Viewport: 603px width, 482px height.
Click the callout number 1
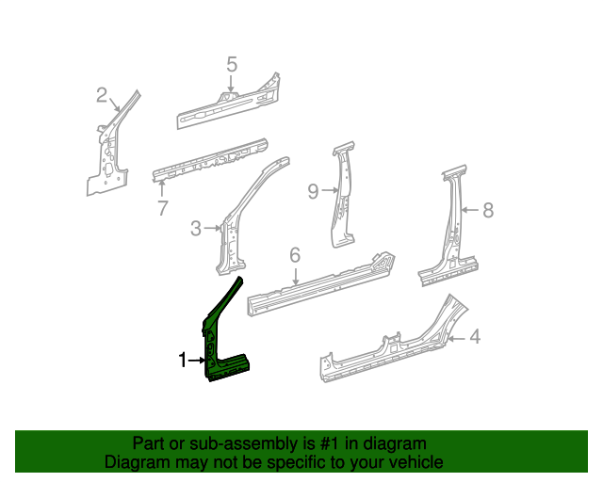click(x=184, y=360)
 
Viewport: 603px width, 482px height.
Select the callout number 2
click(x=102, y=94)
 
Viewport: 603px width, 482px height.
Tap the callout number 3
click(x=196, y=228)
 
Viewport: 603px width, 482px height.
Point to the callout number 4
click(x=475, y=336)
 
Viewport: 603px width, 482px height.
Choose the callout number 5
click(x=232, y=64)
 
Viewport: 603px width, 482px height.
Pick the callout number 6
click(x=294, y=255)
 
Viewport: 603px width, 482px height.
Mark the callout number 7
click(x=162, y=207)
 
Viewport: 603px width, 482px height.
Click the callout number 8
click(x=487, y=211)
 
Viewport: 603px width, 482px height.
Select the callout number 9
click(x=313, y=192)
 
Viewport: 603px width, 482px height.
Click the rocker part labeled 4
click(x=396, y=346)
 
